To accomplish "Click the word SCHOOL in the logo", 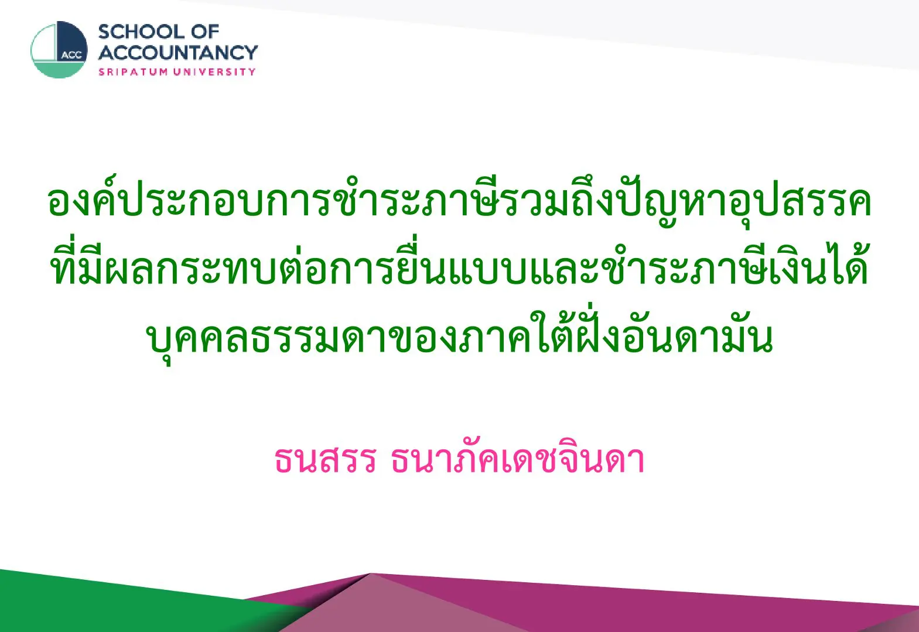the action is tap(142, 32).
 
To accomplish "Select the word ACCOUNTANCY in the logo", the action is tap(178, 53).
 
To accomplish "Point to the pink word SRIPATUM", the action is tap(133, 72).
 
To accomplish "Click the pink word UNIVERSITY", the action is tap(214, 72).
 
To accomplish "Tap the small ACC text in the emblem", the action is tap(71, 56).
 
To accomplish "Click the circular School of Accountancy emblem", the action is tap(59, 50).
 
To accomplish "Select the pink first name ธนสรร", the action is tap(325, 459).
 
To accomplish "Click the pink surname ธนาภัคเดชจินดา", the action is tap(517, 458).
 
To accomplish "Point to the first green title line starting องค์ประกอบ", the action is tap(459, 201).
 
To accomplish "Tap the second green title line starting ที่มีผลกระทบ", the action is tap(459, 262).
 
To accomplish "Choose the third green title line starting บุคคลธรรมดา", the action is tap(459, 334).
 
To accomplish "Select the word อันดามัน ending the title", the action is tap(698, 334).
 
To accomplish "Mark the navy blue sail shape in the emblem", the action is tap(71, 41).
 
